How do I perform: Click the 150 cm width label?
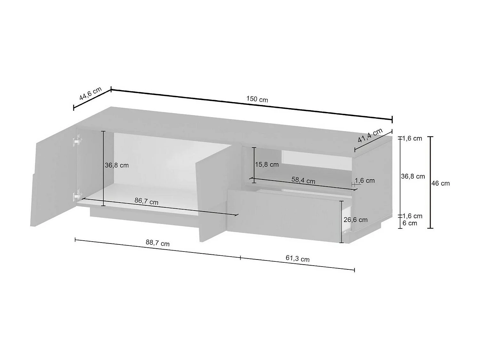point(257,99)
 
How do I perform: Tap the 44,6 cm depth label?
point(90,93)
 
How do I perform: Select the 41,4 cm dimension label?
point(370,135)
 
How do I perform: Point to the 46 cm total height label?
point(441,183)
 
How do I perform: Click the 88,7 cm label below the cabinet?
point(157,243)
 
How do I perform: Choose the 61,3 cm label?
point(297,259)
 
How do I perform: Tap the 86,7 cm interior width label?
point(146,201)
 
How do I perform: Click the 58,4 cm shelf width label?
point(303,180)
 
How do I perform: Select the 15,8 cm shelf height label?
point(267,164)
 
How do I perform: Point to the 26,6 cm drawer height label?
point(356,220)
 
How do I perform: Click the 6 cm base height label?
point(410,223)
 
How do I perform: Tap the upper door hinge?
point(77,140)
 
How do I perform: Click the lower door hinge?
point(77,195)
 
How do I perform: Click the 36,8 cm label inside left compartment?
point(117,165)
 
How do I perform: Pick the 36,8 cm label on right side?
point(413,176)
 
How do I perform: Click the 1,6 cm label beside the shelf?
point(365,180)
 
